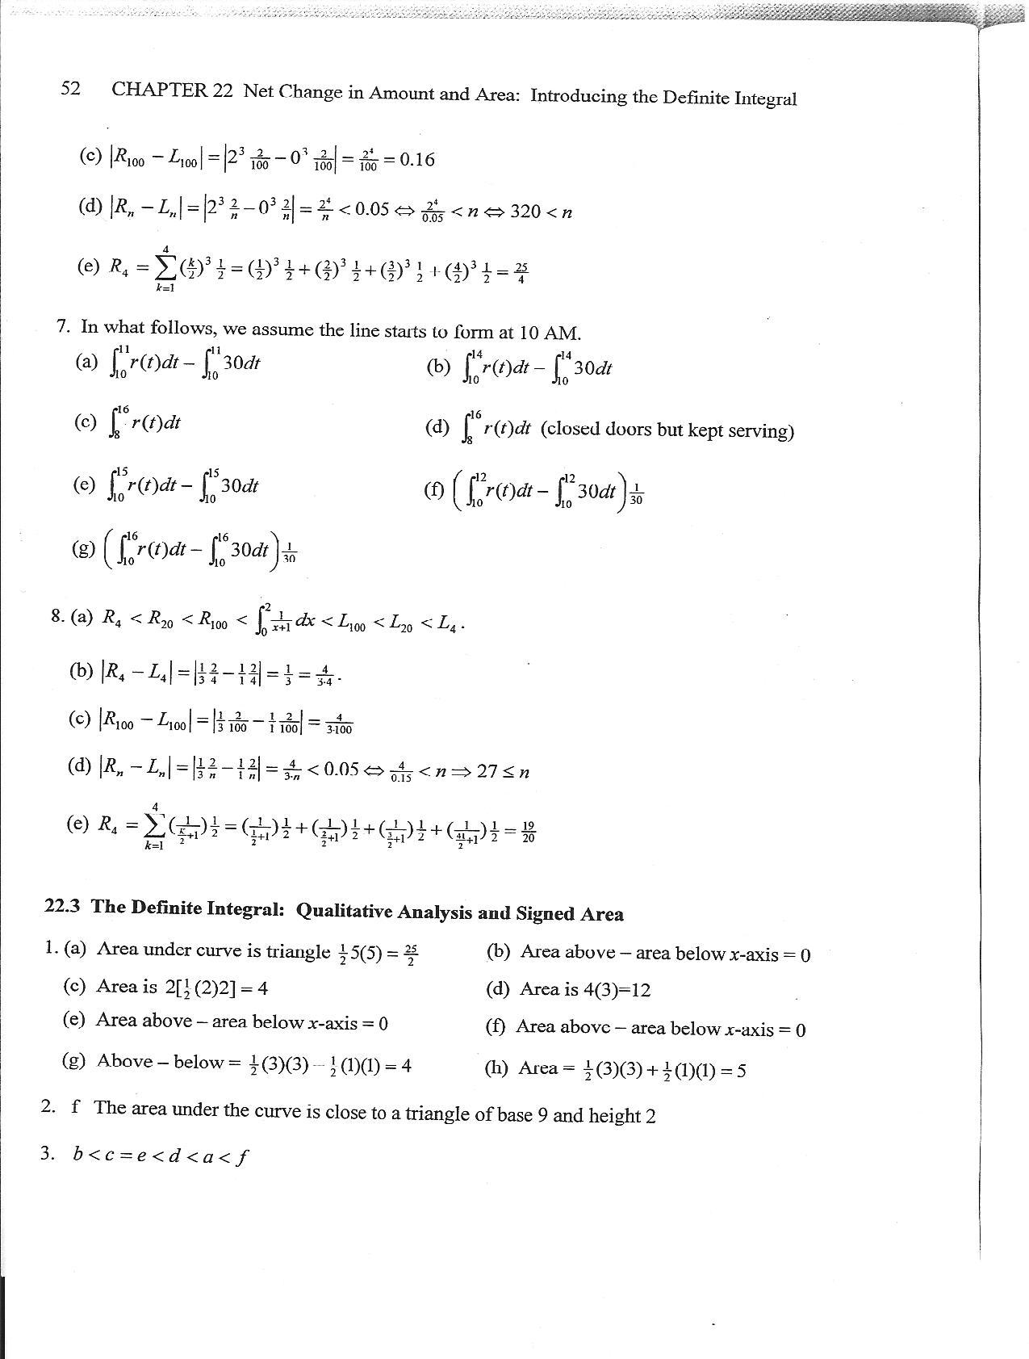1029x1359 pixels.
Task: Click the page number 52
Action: (x=70, y=88)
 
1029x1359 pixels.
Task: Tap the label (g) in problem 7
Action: (x=82, y=548)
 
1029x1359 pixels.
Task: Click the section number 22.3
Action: (x=63, y=906)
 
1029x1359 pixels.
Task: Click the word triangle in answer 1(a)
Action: (x=299, y=951)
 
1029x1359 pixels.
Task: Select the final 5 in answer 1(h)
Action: (x=741, y=1071)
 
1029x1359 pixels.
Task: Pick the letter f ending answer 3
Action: (x=243, y=1156)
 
